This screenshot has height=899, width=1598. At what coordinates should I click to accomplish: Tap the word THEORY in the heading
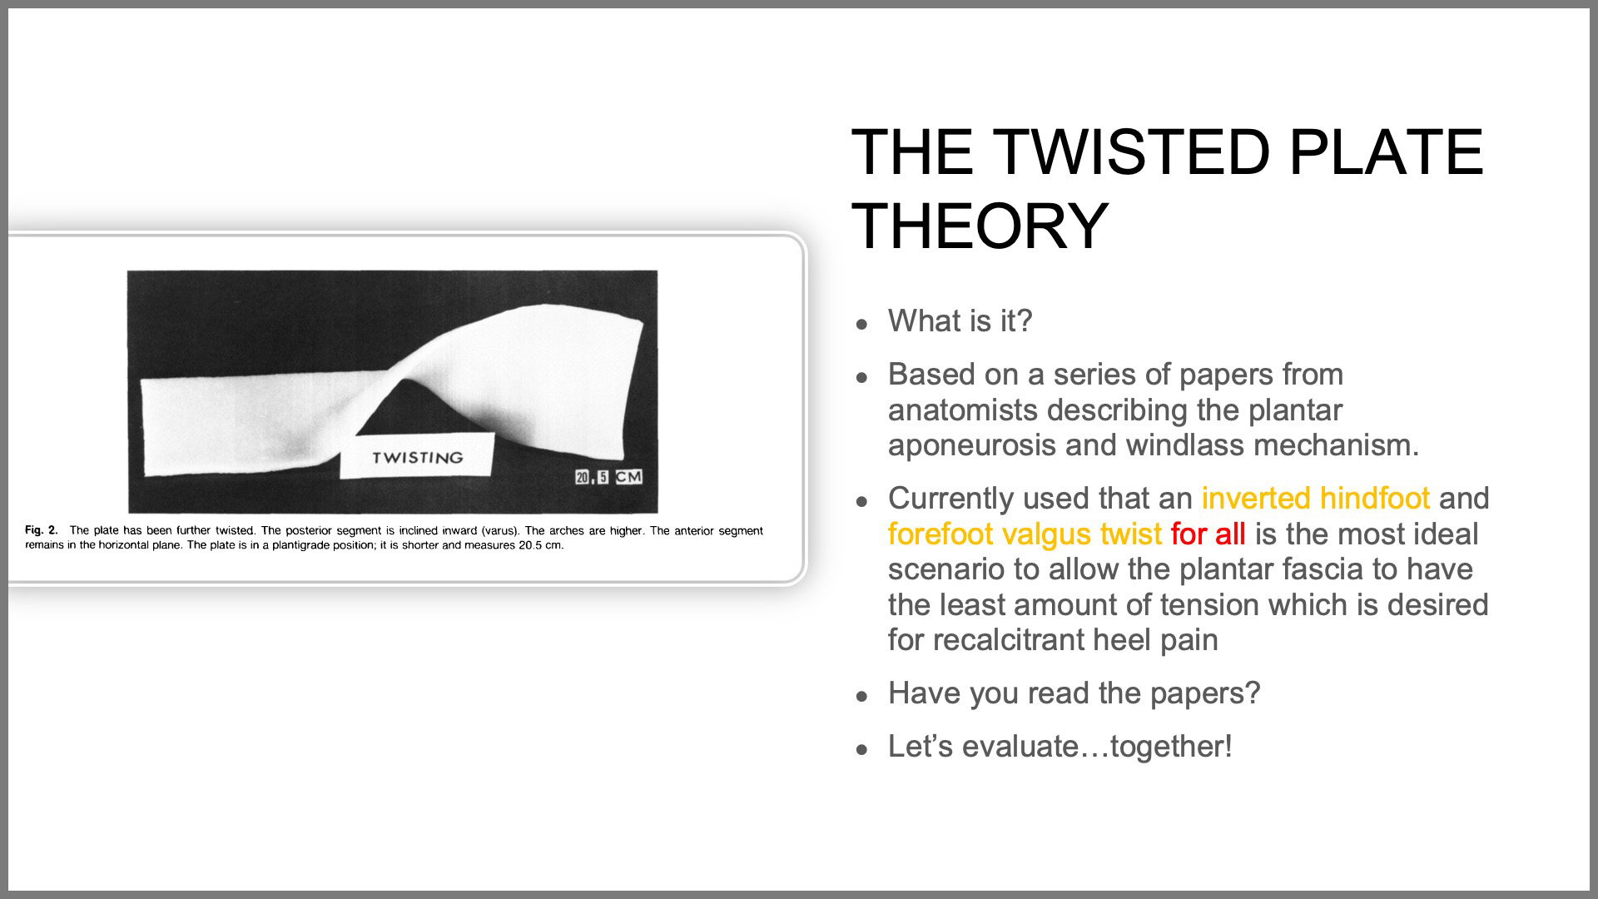[980, 226]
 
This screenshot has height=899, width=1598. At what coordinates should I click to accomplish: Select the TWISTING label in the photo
[417, 457]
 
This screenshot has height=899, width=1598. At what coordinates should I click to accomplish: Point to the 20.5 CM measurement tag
[608, 477]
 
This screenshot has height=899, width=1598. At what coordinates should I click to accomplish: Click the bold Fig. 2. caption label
[42, 530]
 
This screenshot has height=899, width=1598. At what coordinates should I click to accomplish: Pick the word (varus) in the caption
[499, 530]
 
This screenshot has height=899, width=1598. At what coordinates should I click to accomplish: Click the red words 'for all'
[1208, 534]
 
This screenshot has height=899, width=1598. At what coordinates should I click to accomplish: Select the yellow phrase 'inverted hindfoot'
[1315, 498]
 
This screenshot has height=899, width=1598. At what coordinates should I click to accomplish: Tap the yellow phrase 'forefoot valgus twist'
[1025, 534]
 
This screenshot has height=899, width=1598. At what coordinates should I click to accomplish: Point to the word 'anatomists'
[963, 410]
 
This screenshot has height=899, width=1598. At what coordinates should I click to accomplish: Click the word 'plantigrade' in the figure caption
[315, 545]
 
